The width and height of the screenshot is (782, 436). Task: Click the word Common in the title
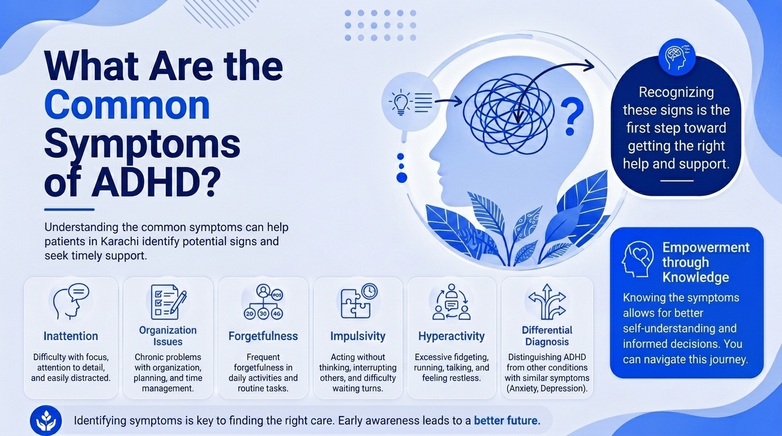pyautogui.click(x=127, y=105)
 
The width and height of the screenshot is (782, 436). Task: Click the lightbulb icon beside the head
pyautogui.click(x=401, y=102)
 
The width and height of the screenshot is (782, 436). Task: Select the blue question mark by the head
pyautogui.click(x=572, y=116)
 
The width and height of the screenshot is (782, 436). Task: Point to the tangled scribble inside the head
pyautogui.click(x=508, y=114)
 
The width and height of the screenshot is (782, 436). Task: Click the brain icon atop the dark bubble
pyautogui.click(x=676, y=57)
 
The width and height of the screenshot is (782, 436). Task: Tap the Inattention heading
pyautogui.click(x=71, y=336)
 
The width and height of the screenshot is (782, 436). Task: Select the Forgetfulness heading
pyautogui.click(x=263, y=336)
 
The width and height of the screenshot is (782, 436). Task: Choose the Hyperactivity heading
pyautogui.click(x=451, y=336)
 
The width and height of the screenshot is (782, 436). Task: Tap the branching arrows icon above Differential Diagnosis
pyautogui.click(x=547, y=301)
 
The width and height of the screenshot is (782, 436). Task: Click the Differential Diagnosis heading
pyautogui.click(x=547, y=336)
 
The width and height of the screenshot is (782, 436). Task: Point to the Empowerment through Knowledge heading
pyautogui.click(x=705, y=262)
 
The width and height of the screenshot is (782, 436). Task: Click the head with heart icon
pyautogui.click(x=638, y=259)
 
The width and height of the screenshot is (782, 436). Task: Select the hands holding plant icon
pyautogui.click(x=45, y=420)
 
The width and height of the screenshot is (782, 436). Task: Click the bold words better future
pyautogui.click(x=507, y=420)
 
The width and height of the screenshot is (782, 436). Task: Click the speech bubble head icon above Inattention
pyautogui.click(x=71, y=301)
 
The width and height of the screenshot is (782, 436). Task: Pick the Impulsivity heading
pyautogui.click(x=358, y=336)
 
